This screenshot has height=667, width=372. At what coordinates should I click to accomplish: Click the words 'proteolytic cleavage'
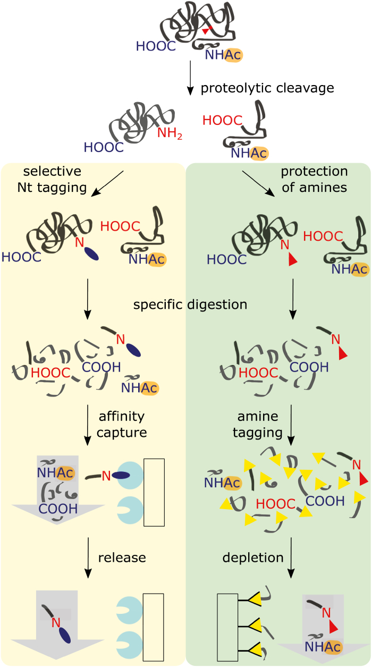pyautogui.click(x=267, y=88)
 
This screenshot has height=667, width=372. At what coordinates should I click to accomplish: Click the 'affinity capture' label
pyautogui.click(x=121, y=424)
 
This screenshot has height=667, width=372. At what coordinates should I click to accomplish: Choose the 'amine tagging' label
pyautogui.click(x=258, y=424)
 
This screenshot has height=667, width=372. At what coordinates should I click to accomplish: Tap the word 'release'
pyautogui.click(x=122, y=558)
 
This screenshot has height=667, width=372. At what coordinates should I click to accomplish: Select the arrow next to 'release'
pyautogui.click(x=88, y=558)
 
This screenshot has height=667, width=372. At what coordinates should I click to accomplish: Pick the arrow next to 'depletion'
pyautogui.click(x=291, y=558)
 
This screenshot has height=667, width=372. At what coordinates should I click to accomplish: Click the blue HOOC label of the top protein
pyautogui.click(x=156, y=46)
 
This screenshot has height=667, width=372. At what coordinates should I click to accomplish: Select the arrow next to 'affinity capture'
pyautogui.click(x=88, y=424)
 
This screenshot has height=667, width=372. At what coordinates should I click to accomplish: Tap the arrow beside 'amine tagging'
pyautogui.click(x=291, y=424)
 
